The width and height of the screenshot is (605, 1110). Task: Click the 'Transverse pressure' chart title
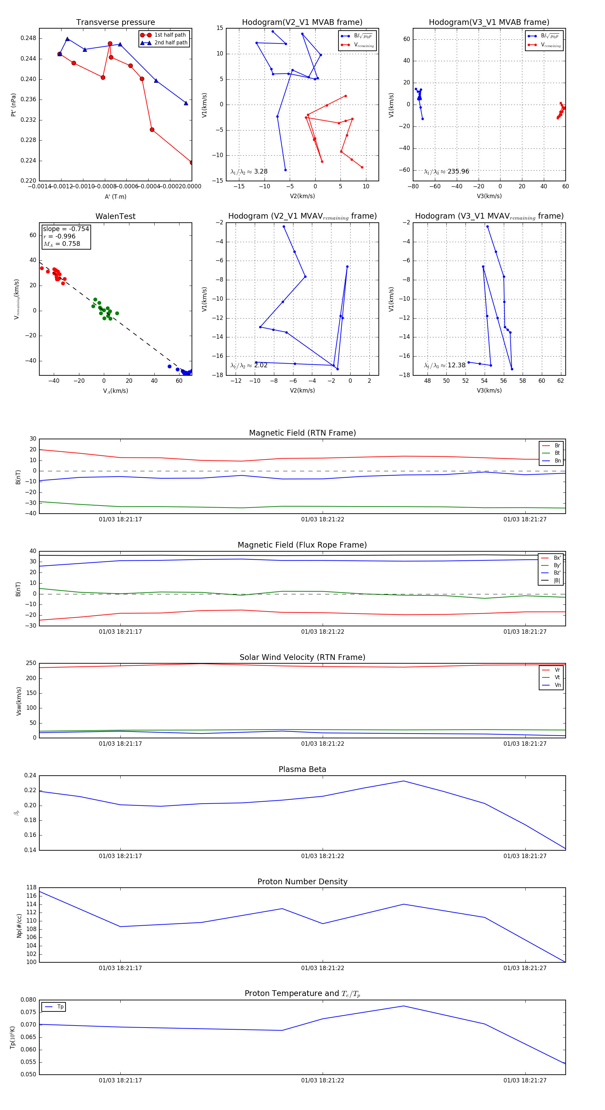(115, 23)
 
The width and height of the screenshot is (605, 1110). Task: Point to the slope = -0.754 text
(66, 229)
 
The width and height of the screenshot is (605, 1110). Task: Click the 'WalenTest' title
(115, 216)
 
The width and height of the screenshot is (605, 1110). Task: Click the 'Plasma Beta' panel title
(302, 770)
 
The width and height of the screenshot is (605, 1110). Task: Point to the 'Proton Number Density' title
(302, 882)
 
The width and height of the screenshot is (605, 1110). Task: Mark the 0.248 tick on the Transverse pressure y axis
(29, 38)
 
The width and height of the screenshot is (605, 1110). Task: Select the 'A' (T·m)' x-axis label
(115, 197)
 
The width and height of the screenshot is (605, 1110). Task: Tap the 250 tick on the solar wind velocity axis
(31, 663)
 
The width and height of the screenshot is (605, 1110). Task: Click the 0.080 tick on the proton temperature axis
(29, 1000)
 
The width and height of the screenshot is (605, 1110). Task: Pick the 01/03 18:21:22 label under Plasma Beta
(323, 856)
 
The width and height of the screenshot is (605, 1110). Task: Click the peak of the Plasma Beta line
(403, 781)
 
